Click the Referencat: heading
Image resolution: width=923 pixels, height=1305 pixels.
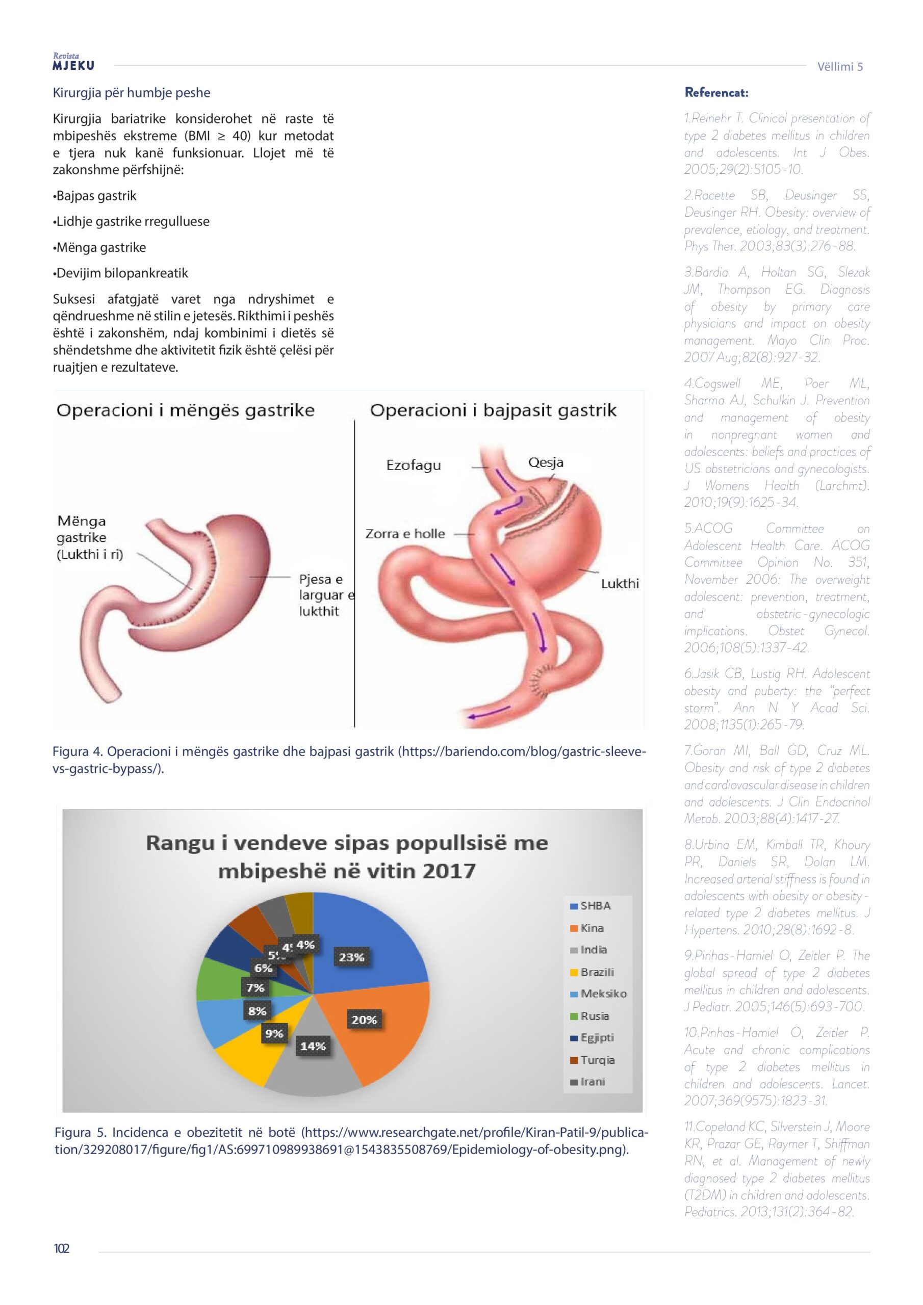click(716, 93)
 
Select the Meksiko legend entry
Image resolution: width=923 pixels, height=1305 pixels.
click(603, 994)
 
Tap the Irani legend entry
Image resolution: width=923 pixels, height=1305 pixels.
click(592, 1082)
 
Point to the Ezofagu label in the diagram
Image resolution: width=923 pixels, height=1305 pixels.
click(414, 465)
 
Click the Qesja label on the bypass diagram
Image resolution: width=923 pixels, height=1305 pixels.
click(545, 462)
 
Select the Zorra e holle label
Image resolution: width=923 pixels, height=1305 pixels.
click(405, 534)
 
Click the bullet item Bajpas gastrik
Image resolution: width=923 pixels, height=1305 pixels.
click(95, 196)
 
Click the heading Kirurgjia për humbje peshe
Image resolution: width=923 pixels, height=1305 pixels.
click(132, 93)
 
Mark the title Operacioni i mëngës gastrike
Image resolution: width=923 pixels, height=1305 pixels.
click(186, 410)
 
